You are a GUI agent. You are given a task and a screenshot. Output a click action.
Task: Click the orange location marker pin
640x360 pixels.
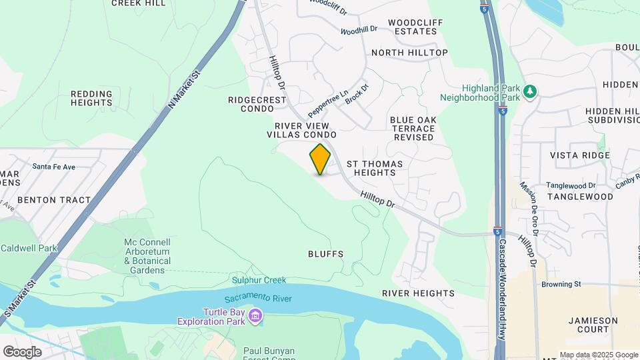tap(320, 159)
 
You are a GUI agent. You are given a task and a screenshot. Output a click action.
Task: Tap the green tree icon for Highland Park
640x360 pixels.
tap(531, 91)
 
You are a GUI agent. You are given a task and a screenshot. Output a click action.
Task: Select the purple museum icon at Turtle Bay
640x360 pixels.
tap(255, 315)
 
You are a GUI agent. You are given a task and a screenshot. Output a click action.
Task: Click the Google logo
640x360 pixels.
tap(22, 351)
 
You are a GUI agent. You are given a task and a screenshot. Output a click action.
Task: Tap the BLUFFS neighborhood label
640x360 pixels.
tap(326, 254)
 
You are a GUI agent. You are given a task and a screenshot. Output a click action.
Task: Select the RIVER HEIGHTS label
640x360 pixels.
tap(418, 293)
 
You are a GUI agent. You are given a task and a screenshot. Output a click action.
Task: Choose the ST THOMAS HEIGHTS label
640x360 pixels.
tap(371, 168)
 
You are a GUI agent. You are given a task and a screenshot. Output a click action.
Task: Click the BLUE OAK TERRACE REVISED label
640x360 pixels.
tap(413, 129)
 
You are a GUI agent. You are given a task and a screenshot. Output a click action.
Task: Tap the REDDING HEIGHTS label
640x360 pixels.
tap(91, 99)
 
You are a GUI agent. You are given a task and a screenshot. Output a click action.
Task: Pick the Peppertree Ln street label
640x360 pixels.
tap(328, 105)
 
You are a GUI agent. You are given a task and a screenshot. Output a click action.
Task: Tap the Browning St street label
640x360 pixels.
tap(561, 284)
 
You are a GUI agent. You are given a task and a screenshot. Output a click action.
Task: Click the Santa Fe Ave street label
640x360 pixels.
tap(54, 167)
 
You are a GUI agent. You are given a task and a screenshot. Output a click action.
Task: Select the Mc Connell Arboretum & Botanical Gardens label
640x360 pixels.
tap(147, 256)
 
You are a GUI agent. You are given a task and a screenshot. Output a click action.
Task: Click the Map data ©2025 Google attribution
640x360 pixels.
tap(599, 355)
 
